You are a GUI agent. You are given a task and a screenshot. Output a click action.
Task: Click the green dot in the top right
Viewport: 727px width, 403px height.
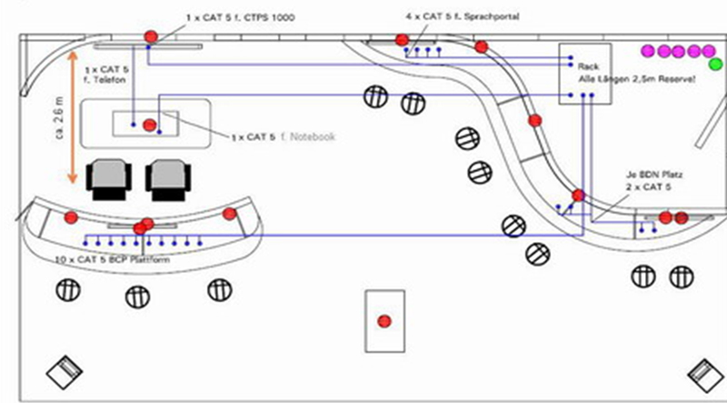pyautogui.click(x=714, y=64)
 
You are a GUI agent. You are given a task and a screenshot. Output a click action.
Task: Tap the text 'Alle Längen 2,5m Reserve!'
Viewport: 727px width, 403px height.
pyautogui.click(x=636, y=80)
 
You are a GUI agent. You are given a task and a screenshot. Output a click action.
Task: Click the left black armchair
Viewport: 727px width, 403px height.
pyautogui.click(x=110, y=180)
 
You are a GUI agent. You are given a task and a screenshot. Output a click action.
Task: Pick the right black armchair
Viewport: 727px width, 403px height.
pyautogui.click(x=167, y=180)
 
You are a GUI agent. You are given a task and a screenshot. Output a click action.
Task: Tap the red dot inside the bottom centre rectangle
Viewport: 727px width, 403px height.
pyautogui.click(x=384, y=320)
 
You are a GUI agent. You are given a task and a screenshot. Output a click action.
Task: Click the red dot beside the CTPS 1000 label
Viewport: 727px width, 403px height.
pyautogui.click(x=152, y=36)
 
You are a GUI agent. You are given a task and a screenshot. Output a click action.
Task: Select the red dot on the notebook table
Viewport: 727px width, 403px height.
pyautogui.click(x=150, y=125)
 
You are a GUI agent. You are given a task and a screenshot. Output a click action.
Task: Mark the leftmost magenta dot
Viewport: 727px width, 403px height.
pyautogui.click(x=648, y=50)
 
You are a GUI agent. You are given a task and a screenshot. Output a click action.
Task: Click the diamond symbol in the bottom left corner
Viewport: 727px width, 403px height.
pyautogui.click(x=65, y=371)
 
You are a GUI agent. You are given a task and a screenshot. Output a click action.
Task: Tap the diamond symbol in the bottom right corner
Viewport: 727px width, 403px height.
pyautogui.click(x=704, y=372)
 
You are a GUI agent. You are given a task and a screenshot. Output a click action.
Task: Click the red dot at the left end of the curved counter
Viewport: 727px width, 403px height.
pyautogui.click(x=71, y=217)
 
